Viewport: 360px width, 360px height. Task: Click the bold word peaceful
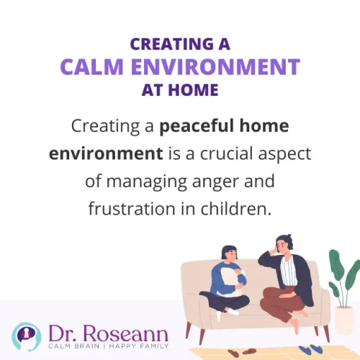point(196,127)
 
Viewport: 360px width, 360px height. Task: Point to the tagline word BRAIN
point(93,348)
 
